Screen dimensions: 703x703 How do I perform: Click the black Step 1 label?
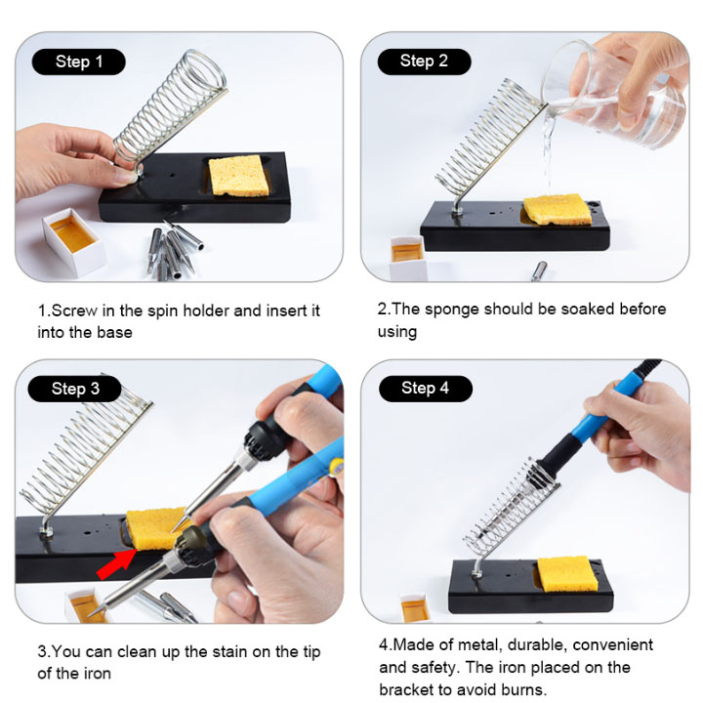click(x=78, y=62)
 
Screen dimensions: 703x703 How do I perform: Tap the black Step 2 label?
click(x=424, y=62)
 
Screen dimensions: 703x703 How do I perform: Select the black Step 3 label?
click(x=74, y=389)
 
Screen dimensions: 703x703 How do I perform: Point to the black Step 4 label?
click(x=426, y=389)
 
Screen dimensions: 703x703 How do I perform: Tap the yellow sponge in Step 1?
click(x=239, y=176)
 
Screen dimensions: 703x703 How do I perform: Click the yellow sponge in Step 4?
click(x=567, y=574)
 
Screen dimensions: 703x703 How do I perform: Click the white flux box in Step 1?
click(x=74, y=241)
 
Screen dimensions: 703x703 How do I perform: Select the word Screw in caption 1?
click(x=74, y=310)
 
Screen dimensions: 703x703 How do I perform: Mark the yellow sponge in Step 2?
click(x=558, y=209)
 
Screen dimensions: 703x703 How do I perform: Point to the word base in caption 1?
click(x=114, y=333)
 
